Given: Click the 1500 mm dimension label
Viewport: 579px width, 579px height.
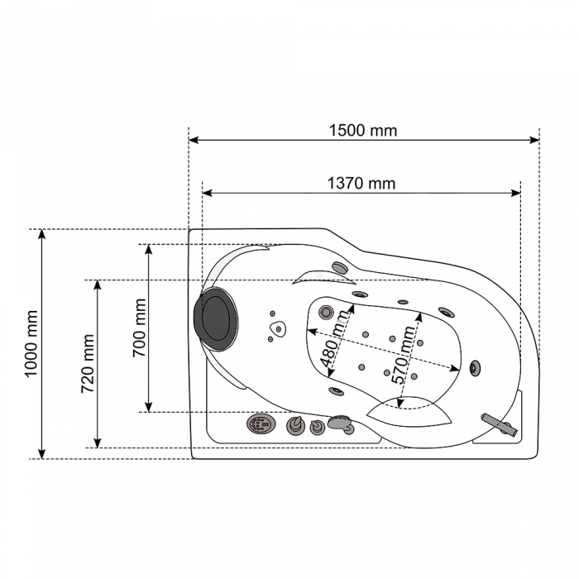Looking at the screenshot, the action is click(363, 131).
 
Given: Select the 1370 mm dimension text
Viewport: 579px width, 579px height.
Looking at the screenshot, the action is click(361, 183).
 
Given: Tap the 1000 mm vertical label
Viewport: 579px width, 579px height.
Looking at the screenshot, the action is click(31, 344).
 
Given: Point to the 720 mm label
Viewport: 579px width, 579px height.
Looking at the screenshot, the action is click(88, 363).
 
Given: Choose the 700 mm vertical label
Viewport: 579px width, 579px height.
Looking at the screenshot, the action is click(139, 328).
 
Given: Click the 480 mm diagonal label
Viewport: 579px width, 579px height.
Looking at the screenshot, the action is click(334, 339).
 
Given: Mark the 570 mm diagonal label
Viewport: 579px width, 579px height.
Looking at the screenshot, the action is click(404, 355).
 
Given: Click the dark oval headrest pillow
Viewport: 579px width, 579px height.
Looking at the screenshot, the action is click(216, 318).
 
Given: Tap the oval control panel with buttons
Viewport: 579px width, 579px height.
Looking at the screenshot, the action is click(261, 423).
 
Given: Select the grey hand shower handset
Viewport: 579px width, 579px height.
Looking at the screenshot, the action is click(341, 423).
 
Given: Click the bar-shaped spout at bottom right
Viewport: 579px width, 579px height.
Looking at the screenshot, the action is click(500, 424).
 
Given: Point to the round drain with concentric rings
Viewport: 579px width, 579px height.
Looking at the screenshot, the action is click(326, 312).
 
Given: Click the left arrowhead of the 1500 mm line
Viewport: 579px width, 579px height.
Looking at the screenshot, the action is click(194, 140).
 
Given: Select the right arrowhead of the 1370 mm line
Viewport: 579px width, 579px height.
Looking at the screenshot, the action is click(515, 193).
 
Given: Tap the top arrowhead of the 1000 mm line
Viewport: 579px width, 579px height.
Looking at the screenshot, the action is click(42, 234).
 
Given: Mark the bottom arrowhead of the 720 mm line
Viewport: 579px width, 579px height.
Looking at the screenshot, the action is click(98, 443).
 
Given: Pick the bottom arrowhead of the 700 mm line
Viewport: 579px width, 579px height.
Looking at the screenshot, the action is click(148, 407).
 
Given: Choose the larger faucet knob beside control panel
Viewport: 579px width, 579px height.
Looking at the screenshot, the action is click(295, 425).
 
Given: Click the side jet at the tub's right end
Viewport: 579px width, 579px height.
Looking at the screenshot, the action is click(475, 368).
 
